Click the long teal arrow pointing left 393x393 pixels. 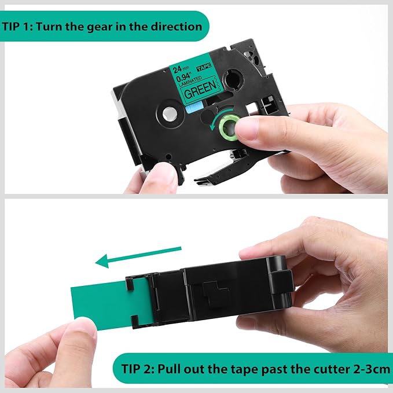[x=139, y=257]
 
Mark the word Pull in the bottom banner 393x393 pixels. [x=175, y=368]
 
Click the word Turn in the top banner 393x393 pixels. [x=65, y=27]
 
